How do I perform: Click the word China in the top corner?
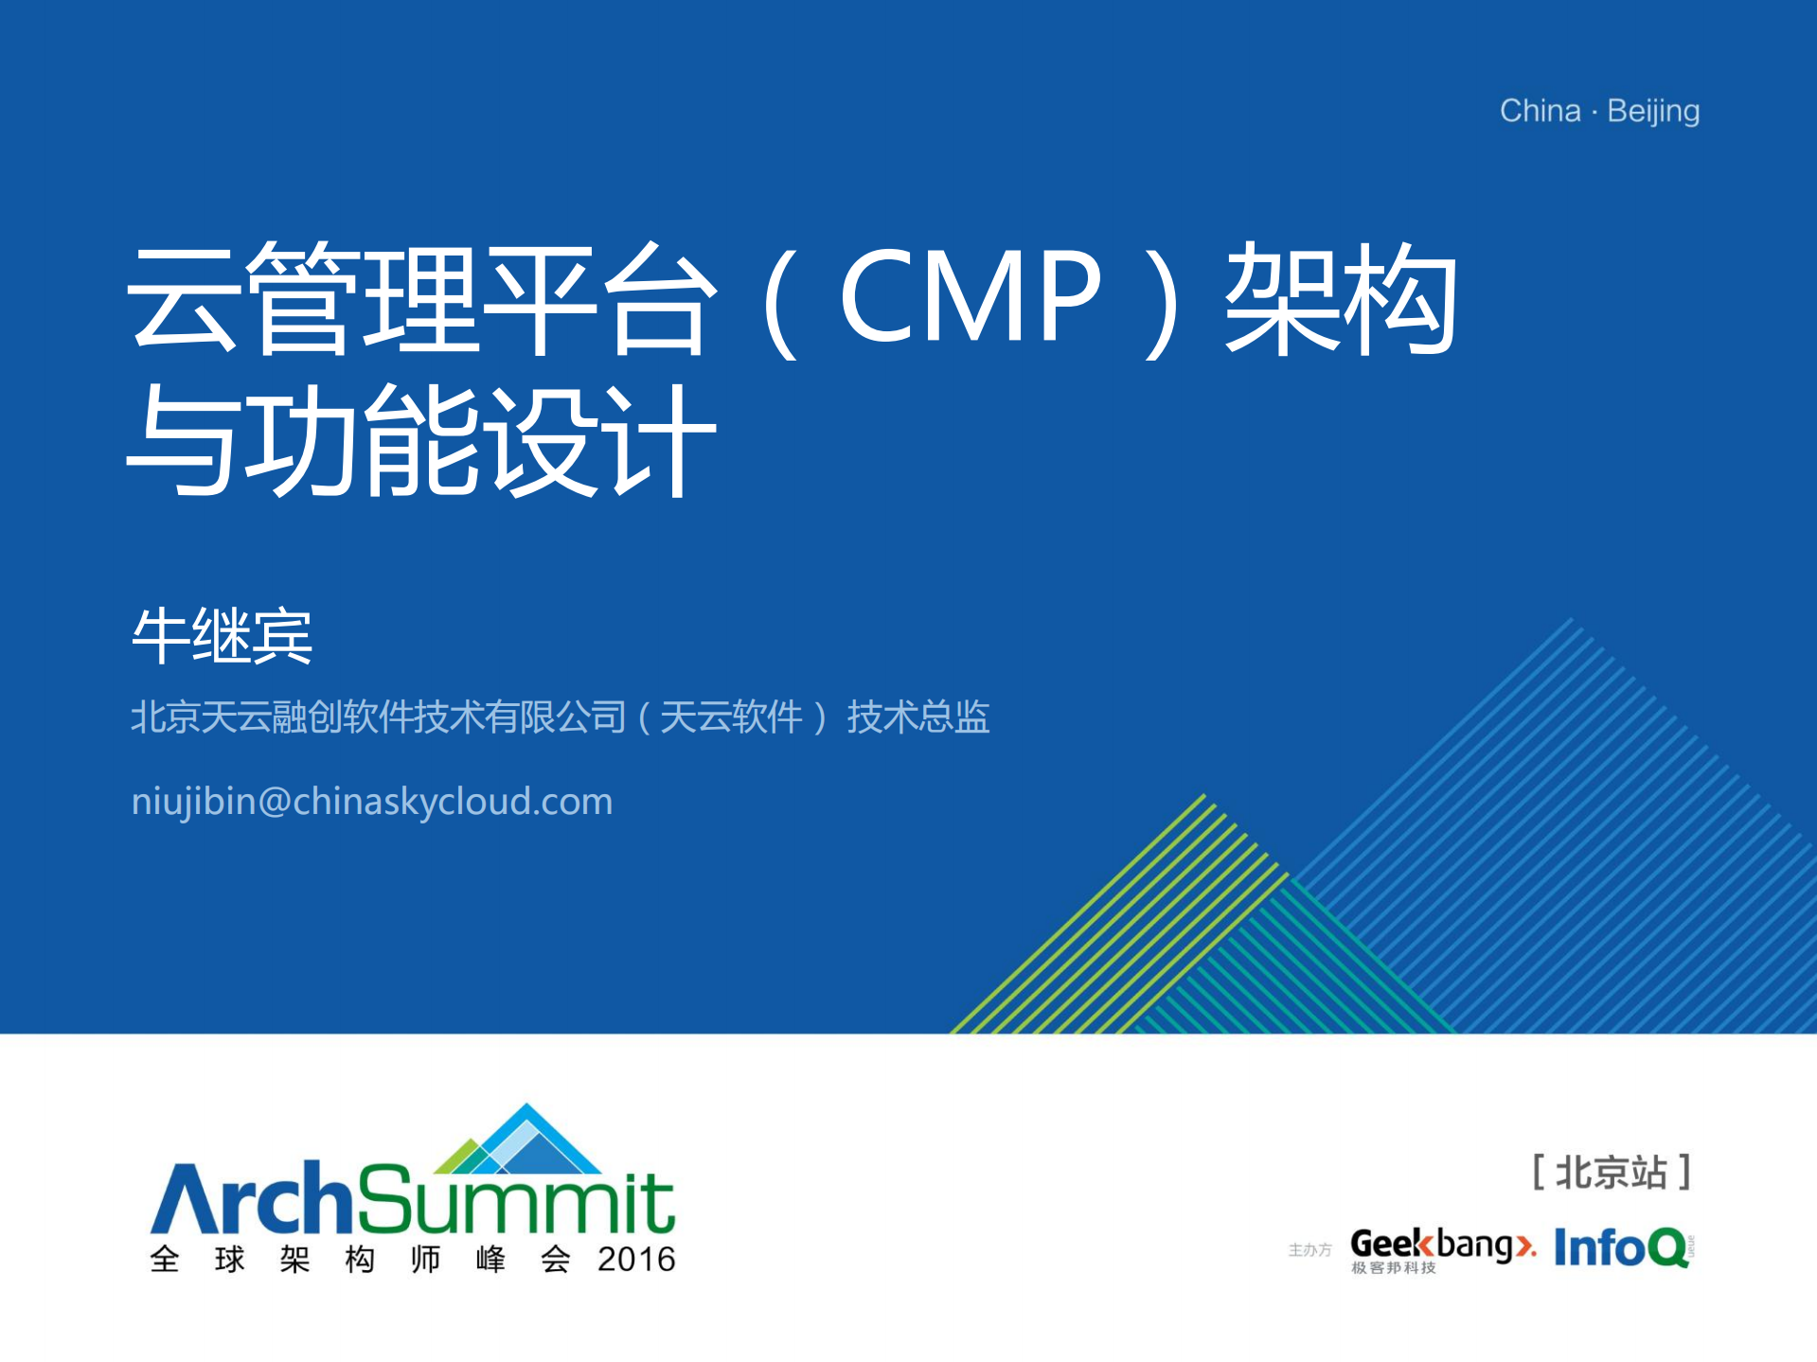pos(1540,111)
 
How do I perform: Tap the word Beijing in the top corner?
pos(1653,112)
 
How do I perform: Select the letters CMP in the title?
pos(970,295)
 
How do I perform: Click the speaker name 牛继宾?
pos(222,635)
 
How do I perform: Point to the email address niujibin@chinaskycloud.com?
pos(372,802)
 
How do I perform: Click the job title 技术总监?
pos(917,716)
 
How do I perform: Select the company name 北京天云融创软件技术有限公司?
pos(378,716)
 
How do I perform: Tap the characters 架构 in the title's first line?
pos(1341,297)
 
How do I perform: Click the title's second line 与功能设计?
pos(420,440)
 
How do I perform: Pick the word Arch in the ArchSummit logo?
pos(251,1200)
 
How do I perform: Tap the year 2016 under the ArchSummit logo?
pos(636,1260)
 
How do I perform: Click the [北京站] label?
pos(1612,1172)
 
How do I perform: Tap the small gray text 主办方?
pos(1309,1250)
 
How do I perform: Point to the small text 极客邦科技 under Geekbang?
pos(1393,1268)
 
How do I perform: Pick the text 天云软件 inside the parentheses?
pos(731,716)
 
